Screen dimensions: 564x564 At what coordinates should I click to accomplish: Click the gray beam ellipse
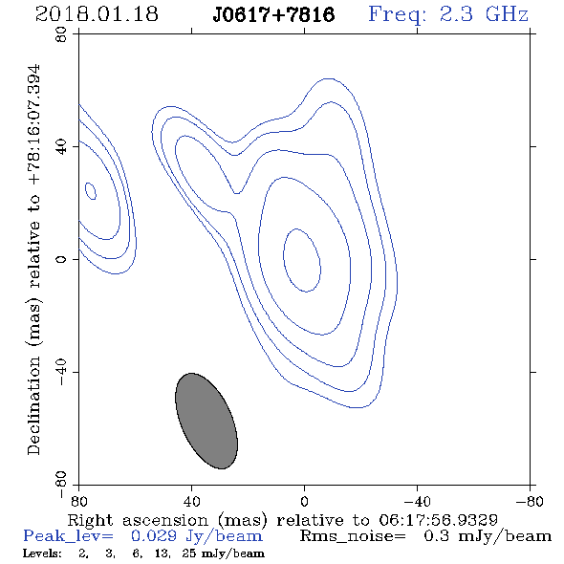[206, 421]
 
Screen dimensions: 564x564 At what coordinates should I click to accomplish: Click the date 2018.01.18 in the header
[97, 14]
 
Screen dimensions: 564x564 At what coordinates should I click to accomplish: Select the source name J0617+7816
[273, 15]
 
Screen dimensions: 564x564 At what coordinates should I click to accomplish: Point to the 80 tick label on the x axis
[78, 501]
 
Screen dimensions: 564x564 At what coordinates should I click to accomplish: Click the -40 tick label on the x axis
[417, 501]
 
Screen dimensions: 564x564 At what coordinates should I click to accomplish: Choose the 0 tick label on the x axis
[304, 501]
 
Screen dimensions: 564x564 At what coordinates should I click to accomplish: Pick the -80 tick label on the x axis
[530, 501]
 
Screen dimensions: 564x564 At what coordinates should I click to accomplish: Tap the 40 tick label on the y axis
[61, 147]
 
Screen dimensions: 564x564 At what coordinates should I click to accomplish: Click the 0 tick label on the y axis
[61, 259]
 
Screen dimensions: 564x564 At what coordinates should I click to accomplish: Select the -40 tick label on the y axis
[61, 372]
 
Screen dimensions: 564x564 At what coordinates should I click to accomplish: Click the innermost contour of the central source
[284, 260]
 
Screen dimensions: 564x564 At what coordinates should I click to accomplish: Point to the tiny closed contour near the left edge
[90, 191]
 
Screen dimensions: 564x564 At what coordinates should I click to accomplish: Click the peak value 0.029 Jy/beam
[197, 536]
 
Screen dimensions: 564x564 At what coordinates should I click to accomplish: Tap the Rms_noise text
[353, 536]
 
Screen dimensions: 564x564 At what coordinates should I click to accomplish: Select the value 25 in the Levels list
[189, 553]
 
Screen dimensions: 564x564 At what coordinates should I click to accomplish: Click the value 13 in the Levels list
[162, 553]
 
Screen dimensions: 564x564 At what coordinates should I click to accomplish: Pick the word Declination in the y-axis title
[33, 405]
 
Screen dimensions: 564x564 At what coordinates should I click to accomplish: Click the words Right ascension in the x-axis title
[138, 520]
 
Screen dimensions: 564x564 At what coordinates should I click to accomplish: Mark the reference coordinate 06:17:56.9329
[438, 520]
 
